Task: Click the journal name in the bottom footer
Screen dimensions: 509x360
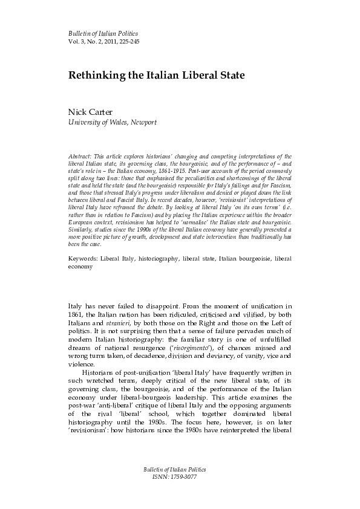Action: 180,486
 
